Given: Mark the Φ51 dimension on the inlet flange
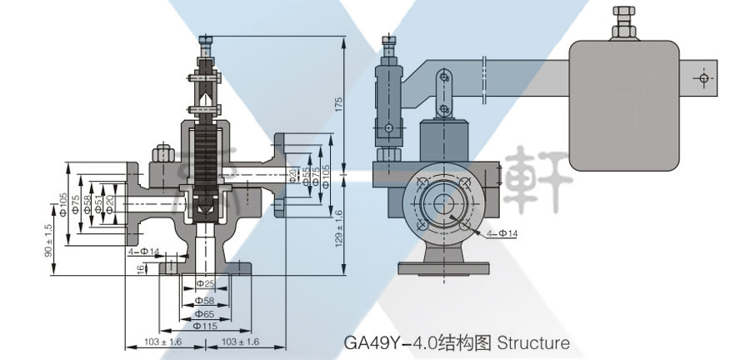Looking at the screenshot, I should pyautogui.click(x=99, y=203).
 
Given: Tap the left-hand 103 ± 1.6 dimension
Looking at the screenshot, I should pyautogui.click(x=162, y=342).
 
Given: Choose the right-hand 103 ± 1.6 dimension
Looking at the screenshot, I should pyautogui.click(x=242, y=342).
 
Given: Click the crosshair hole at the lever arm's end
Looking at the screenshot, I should pyautogui.click(x=705, y=78).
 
